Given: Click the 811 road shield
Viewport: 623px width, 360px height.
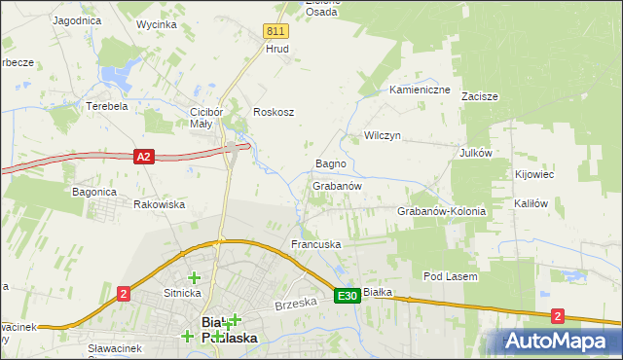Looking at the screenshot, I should pos(275,31).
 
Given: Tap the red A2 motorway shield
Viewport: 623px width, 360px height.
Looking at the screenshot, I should pos(144,156).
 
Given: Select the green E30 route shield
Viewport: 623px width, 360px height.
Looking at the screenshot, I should pos(348,295).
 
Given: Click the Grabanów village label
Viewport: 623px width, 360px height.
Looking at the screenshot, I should pos(338,185).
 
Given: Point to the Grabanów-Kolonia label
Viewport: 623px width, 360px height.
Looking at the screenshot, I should pos(441,211).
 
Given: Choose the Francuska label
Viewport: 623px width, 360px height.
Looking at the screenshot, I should pos(315,243).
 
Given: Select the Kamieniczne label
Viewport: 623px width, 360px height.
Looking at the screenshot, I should pos(420,90).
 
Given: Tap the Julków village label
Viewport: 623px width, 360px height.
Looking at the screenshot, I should pos(477,153).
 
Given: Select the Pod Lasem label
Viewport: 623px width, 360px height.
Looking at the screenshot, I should pos(450,277).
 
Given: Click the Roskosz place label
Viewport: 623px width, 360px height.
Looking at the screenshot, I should pos(274,112).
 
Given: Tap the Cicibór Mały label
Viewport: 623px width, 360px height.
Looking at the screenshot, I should pos(207,117).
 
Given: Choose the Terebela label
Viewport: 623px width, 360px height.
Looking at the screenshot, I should pos(107,105).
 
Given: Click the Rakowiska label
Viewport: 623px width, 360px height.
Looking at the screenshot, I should pos(159,204).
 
